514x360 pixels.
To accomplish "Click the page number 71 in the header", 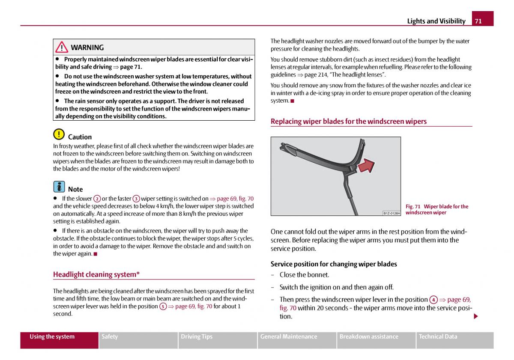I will (478, 21).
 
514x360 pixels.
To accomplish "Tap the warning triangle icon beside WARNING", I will (62, 47).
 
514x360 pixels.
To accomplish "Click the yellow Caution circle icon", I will (59, 134).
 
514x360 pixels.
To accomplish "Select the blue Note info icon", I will (59, 187).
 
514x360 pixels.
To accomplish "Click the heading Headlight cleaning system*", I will (96, 274).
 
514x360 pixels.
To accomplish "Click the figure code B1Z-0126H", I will (391, 213).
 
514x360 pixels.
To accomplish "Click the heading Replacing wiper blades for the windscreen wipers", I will (348, 122).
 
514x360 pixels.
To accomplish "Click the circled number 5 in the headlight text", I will (163, 306).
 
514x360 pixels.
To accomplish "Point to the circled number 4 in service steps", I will (433, 300).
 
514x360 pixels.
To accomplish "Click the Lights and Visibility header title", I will (436, 21).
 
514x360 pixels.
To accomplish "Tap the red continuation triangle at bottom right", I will (475, 316).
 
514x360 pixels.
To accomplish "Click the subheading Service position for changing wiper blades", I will (334, 264).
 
